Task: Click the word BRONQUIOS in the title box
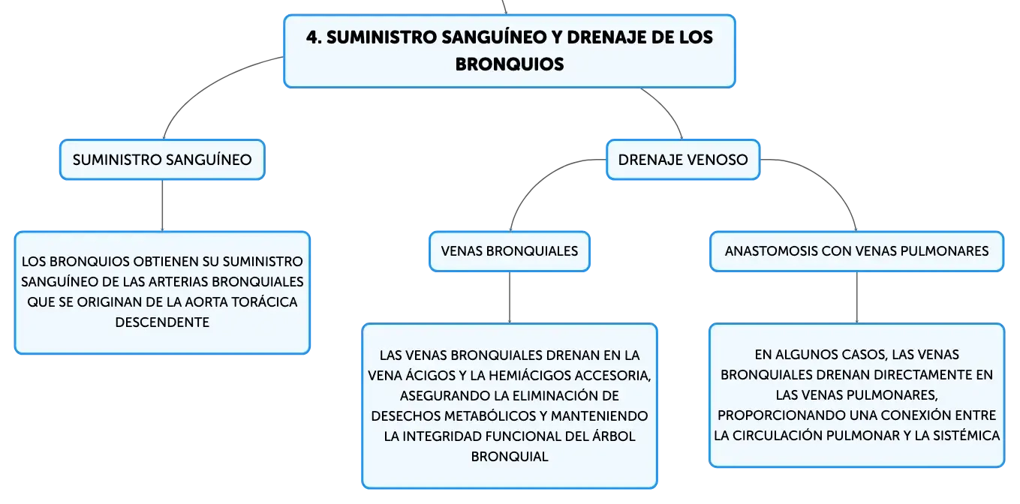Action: click(510, 64)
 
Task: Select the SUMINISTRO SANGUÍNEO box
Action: click(162, 160)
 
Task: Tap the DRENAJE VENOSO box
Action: click(683, 160)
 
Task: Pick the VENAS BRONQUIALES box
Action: click(510, 251)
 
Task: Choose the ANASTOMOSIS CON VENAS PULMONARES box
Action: click(856, 251)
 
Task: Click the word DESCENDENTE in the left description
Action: click(162, 322)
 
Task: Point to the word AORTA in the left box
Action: click(206, 302)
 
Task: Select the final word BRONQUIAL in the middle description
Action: click(510, 456)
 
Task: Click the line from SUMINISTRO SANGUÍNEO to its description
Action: click(162, 205)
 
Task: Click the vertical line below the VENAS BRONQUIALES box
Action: click(510, 298)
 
